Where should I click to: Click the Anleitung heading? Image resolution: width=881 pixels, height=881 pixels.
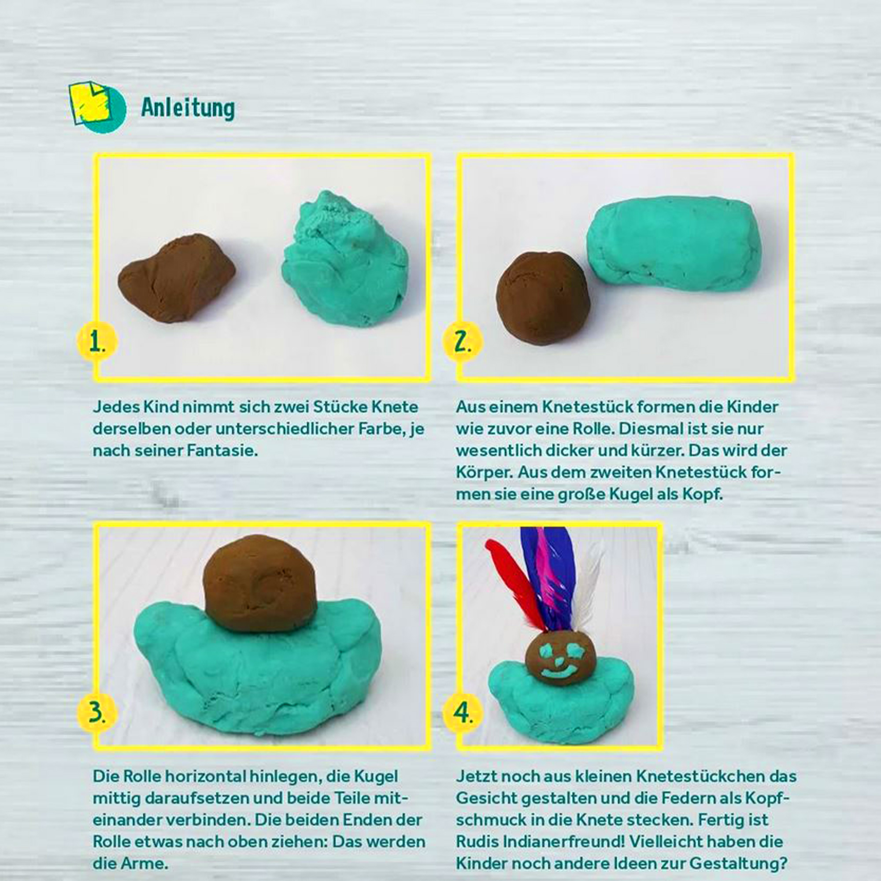pyautogui.click(x=188, y=108)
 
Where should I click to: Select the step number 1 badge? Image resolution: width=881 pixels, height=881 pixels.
pyautogui.click(x=97, y=342)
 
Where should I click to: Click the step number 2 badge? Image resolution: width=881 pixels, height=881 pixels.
pyautogui.click(x=463, y=342)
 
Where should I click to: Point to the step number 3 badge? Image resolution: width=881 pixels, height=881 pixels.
pyautogui.click(x=97, y=712)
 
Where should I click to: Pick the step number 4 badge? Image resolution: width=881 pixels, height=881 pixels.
pyautogui.click(x=463, y=712)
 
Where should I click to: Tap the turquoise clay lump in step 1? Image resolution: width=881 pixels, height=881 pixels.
pyautogui.click(x=345, y=259)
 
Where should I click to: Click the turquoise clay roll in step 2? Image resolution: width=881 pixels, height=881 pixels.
pyautogui.click(x=674, y=244)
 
